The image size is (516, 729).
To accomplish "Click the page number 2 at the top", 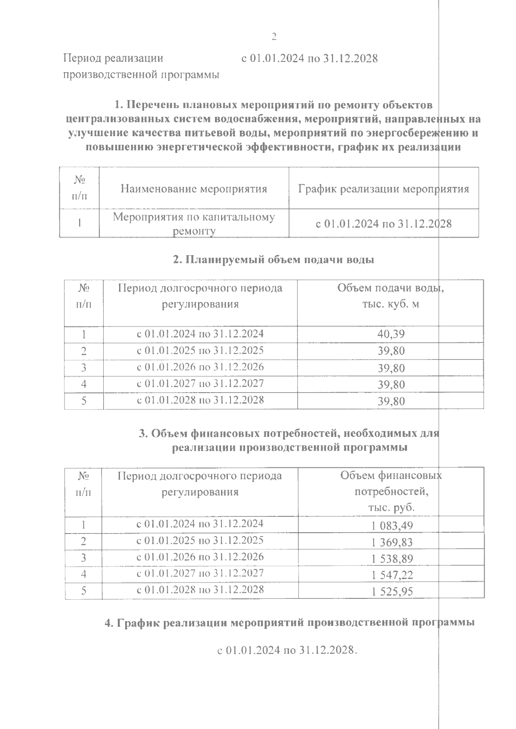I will (x=274, y=37).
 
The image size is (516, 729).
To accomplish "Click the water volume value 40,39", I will (x=391, y=334).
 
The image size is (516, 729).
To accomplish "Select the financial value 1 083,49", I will (x=392, y=525).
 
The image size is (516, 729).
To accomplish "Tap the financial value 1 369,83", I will (x=392, y=542).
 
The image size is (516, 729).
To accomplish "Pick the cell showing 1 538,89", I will (x=392, y=558).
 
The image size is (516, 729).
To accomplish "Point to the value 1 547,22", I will (x=392, y=575).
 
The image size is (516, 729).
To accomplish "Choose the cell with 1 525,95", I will (x=392, y=591).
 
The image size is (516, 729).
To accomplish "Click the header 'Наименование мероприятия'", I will (x=193, y=189).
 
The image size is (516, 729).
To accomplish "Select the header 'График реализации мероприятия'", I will (x=383, y=189).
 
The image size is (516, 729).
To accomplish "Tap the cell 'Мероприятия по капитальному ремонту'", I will (x=193, y=223).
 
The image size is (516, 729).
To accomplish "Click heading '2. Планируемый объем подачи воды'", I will (x=273, y=259).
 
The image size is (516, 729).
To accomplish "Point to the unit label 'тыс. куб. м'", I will (x=390, y=304).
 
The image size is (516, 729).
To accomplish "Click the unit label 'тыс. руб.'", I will (x=391, y=507).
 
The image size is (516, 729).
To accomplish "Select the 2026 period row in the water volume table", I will (x=200, y=367).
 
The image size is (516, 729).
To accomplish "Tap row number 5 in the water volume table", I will (x=84, y=401).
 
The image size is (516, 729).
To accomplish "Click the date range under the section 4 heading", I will (x=287, y=650).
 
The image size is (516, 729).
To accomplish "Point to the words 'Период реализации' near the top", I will (x=113, y=58).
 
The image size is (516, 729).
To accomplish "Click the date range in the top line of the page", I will (x=309, y=58).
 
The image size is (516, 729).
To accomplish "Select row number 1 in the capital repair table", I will (x=80, y=223).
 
